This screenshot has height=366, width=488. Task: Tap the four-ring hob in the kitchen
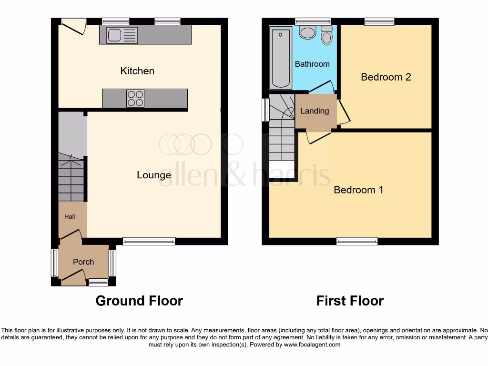click(135, 99)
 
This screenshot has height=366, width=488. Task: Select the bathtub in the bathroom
click(281, 58)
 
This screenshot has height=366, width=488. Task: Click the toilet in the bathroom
click(326, 36)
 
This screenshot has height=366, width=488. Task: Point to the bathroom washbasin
click(308, 32)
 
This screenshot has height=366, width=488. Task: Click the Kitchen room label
click(137, 71)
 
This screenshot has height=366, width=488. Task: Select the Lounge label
click(153, 175)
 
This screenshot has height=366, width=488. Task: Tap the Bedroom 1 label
click(358, 190)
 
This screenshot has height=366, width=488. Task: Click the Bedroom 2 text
click(386, 77)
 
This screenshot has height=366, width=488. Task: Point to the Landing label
click(315, 111)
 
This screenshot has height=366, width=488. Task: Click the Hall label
click(70, 216)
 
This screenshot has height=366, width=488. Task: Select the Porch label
click(83, 262)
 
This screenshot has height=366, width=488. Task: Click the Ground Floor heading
click(139, 301)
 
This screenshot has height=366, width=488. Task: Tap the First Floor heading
click(350, 301)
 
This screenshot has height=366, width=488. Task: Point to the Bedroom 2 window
click(379, 21)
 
